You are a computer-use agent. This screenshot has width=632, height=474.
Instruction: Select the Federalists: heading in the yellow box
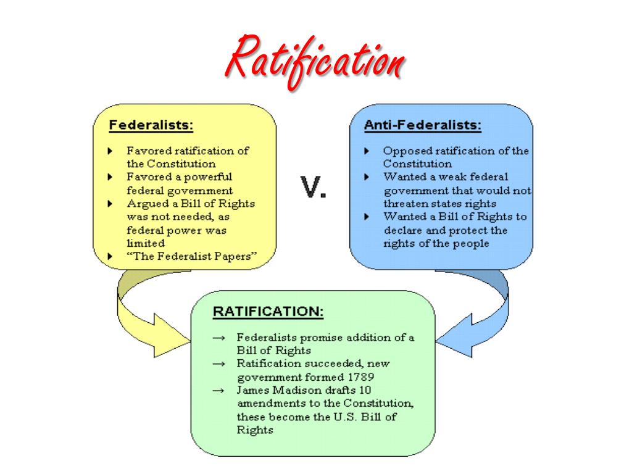(x=151, y=125)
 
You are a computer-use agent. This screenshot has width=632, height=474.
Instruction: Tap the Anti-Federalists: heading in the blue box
(x=423, y=125)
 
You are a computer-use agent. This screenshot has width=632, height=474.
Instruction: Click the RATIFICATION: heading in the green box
(x=268, y=311)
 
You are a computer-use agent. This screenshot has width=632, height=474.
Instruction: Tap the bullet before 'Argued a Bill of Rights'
(x=110, y=204)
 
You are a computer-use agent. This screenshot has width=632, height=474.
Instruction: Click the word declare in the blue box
(x=402, y=230)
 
